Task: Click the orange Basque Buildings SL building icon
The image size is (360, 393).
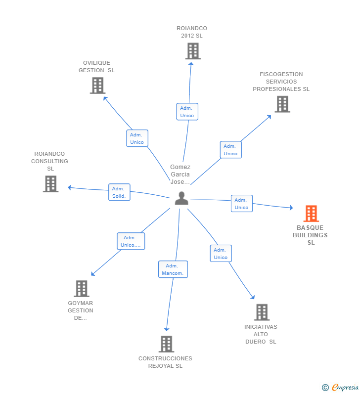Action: point(311,214)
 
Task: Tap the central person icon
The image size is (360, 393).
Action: point(181,199)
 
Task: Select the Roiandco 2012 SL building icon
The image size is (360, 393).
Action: point(193,51)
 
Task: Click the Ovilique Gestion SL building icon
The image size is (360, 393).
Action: point(98,86)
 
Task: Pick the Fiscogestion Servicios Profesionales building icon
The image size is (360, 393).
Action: point(282,104)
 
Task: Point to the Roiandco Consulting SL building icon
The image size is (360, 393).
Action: point(50,184)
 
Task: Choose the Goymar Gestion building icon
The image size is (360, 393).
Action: point(81,289)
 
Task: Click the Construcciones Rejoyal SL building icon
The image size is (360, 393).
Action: point(167,344)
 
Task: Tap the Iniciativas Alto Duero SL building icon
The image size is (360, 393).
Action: point(262,312)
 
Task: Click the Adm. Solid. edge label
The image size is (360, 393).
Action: point(119,192)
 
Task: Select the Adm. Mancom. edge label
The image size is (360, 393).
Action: point(173,269)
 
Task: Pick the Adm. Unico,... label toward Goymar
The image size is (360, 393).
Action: point(131,241)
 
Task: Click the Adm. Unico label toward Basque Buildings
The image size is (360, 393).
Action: point(241,204)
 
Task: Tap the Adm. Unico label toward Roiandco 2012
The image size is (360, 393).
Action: point(187,112)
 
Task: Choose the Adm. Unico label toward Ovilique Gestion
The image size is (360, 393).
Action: point(137,138)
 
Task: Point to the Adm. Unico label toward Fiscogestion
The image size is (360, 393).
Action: point(230,150)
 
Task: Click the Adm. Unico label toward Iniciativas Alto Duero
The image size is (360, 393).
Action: point(221,254)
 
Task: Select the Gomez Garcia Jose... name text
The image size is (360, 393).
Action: point(180,175)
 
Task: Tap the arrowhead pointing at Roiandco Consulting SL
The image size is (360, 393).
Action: point(70,187)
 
